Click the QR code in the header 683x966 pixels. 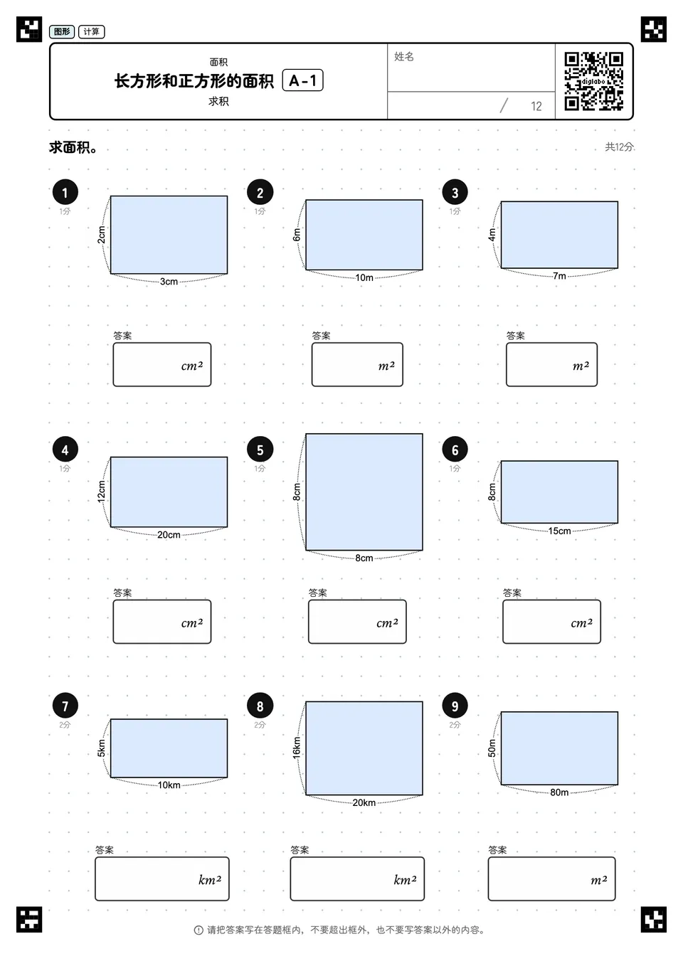(x=594, y=81)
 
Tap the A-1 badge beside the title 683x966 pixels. (x=302, y=80)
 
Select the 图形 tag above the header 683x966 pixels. (x=62, y=31)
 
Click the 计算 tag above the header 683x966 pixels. (x=91, y=31)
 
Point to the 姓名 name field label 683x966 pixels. (x=404, y=56)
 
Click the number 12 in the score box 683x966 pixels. (x=536, y=106)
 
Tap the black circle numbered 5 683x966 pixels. (x=260, y=450)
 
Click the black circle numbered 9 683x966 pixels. (x=455, y=706)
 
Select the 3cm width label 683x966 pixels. (x=169, y=282)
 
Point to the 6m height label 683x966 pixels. (x=297, y=235)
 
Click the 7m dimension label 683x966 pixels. (x=559, y=276)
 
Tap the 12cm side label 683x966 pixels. (x=101, y=492)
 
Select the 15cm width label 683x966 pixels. (x=559, y=531)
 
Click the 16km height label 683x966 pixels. (x=297, y=748)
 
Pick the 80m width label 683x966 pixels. (x=559, y=792)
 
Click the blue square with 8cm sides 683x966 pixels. (x=364, y=492)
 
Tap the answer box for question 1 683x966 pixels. (x=162, y=364)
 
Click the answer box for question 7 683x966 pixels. (x=162, y=879)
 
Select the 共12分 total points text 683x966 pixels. (x=619, y=147)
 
